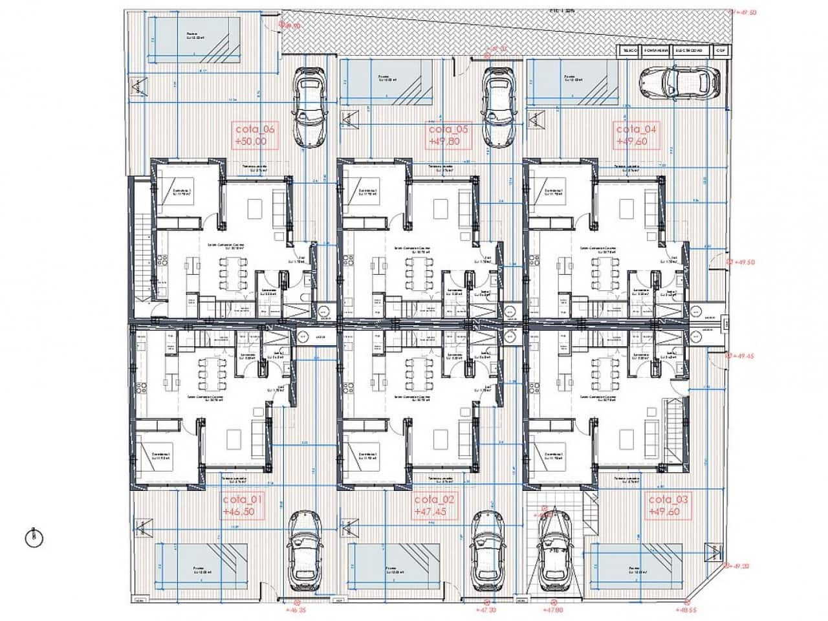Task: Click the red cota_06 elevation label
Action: point(256,135)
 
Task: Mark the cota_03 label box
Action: point(669,505)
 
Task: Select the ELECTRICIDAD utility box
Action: point(690,50)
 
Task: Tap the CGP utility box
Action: point(720,50)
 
